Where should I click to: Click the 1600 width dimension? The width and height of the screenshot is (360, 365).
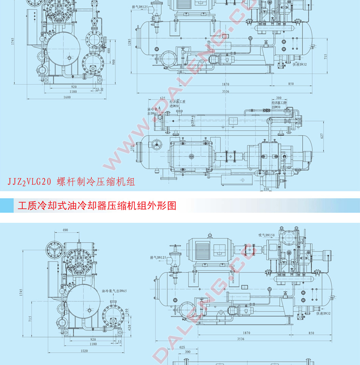click(x=67, y=98)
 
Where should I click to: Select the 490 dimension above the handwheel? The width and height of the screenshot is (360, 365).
click(x=65, y=230)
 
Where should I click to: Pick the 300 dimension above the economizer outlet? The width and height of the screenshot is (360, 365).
click(x=279, y=98)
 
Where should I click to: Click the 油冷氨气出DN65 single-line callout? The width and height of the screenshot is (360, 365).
click(x=115, y=291)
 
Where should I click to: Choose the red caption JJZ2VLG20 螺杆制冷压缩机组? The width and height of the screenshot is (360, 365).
click(x=70, y=182)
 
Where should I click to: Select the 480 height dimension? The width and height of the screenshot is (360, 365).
click(x=109, y=51)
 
